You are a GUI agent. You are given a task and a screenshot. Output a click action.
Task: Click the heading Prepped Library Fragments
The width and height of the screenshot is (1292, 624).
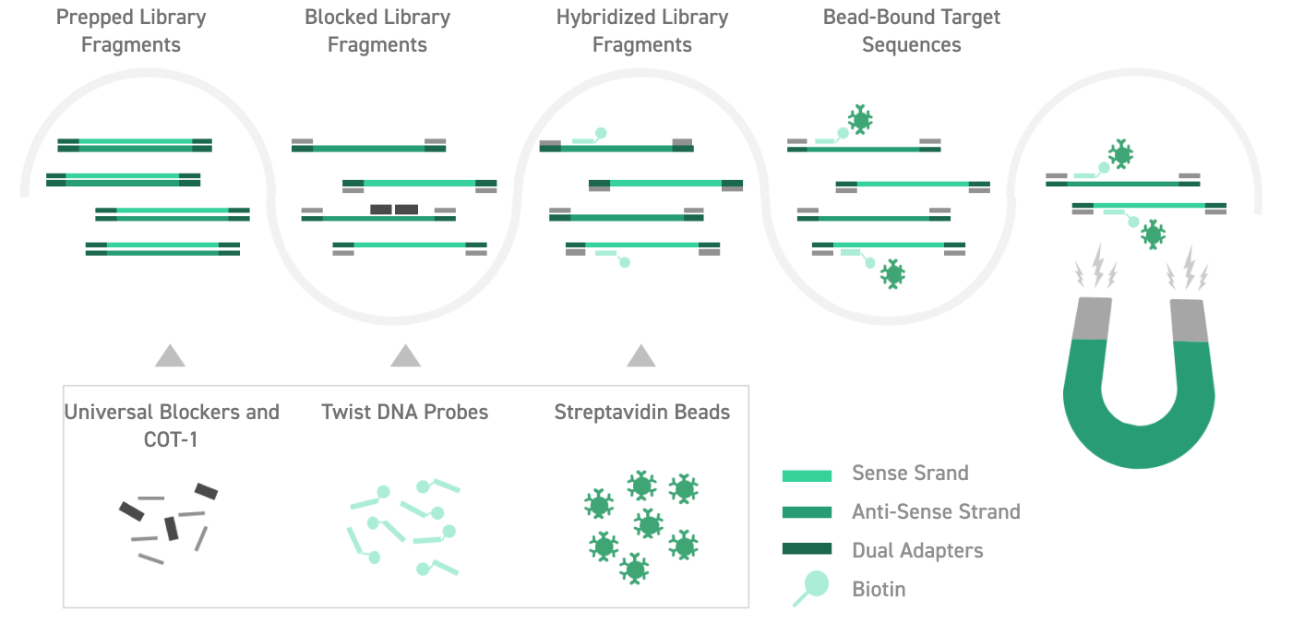131,30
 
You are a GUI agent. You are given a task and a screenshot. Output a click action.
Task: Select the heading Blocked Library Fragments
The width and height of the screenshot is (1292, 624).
377,30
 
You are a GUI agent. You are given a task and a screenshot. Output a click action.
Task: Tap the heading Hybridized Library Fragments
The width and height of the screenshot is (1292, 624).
642,30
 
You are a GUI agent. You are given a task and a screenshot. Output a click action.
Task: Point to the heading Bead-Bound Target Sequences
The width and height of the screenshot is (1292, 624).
912,30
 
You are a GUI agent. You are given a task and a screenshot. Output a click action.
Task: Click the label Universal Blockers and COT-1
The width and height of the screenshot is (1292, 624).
172,426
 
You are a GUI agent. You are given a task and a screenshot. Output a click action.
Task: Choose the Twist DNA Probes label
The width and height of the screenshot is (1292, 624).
405,412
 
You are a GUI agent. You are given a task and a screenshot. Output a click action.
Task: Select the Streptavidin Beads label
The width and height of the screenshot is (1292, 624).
642,412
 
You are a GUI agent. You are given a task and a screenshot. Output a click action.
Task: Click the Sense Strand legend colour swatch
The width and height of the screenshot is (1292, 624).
807,475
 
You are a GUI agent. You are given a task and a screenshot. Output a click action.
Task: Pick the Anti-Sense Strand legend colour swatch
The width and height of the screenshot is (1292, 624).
807,512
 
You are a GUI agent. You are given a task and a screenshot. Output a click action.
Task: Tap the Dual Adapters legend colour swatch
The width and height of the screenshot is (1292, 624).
807,549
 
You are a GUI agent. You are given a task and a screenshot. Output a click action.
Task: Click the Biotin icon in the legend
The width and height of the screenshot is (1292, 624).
811,588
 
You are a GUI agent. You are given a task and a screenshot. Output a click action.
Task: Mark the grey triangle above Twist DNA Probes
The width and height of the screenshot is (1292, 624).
405,355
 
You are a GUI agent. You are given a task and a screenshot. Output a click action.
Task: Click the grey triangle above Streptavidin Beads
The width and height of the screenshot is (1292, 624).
641,355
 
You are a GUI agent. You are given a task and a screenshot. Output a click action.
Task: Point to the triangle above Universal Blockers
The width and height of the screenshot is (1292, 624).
170,355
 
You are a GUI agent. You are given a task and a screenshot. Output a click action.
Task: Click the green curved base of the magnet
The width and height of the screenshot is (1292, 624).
1137,434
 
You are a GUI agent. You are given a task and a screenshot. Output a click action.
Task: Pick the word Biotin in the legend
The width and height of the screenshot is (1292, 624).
879,589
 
